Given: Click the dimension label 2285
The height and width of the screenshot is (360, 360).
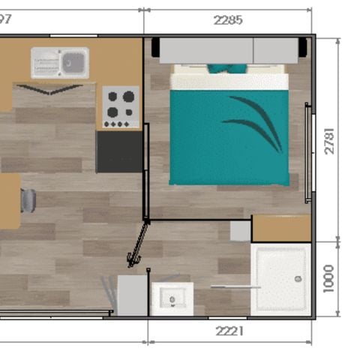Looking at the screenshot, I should coord(228,20).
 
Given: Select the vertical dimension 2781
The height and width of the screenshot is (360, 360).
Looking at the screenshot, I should coord(330,137).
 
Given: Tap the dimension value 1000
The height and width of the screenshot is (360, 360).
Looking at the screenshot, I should coord(330,277).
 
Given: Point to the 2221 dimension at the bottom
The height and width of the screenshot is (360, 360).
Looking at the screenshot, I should coord(229,331).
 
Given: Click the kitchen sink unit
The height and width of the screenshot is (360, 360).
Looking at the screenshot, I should coord(59,62).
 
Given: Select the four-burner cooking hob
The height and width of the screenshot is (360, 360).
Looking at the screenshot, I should coord(120,106).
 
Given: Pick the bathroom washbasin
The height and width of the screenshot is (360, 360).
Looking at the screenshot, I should coord(172,298).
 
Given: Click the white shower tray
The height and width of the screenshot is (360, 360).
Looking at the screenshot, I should coord(281,278).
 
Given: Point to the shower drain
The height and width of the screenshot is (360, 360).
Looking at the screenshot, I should coord(298,278).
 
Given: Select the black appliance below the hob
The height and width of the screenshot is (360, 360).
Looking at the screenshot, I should coord(119,151).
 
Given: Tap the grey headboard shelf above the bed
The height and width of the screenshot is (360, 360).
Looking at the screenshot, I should coord(229,50).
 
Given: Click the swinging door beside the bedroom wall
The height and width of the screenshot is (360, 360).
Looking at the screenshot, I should coord(139,244).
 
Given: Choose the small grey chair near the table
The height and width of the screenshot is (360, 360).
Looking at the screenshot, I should coord(28,200).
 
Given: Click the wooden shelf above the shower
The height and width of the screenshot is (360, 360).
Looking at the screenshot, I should coord(281,228).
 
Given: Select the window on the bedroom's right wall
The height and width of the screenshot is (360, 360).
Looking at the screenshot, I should coord(307,153).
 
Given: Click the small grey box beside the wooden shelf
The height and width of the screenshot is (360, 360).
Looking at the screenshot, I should coord(240,230).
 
